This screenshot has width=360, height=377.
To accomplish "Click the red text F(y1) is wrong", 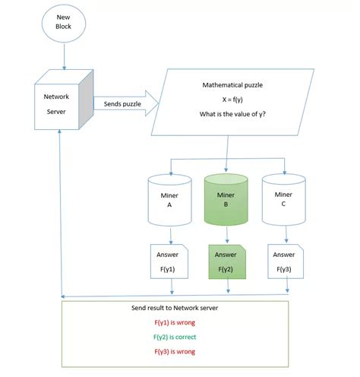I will pos(175,323).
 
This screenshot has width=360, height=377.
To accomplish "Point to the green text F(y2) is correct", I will pos(175,337).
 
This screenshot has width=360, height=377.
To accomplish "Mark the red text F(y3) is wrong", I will pos(175,352).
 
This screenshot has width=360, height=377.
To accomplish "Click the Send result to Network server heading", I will pos(175,309).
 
